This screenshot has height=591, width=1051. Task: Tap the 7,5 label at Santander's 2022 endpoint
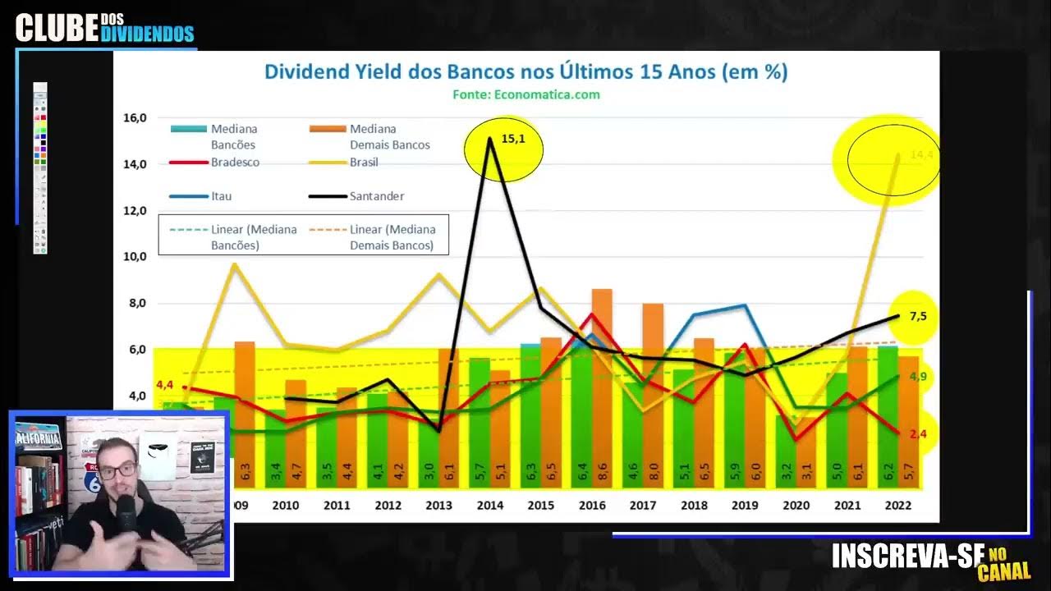(x=918, y=316)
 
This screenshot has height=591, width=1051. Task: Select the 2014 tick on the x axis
(x=489, y=506)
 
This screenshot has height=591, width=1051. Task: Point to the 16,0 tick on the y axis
(x=135, y=117)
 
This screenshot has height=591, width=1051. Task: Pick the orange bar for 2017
(x=653, y=394)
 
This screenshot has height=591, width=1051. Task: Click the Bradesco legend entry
(x=235, y=163)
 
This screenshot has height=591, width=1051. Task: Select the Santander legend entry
(x=377, y=196)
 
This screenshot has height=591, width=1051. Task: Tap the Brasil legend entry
(x=364, y=163)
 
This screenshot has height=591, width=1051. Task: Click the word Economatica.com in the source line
(x=547, y=94)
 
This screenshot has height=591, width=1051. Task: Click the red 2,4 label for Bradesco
(x=918, y=433)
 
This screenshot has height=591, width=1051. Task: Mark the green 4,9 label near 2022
(x=918, y=377)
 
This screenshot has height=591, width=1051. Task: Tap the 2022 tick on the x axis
(x=897, y=506)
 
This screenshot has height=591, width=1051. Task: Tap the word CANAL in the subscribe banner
(x=1003, y=571)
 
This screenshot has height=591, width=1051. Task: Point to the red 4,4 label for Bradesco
(x=164, y=384)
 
